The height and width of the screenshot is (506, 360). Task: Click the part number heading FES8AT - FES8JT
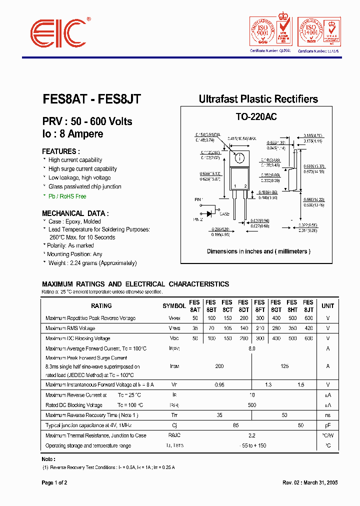(91, 99)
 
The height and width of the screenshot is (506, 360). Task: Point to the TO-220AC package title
(256, 116)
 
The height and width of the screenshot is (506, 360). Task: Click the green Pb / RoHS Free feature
(67, 196)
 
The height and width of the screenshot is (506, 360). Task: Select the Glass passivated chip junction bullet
(84, 186)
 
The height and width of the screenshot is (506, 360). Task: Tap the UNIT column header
(327, 306)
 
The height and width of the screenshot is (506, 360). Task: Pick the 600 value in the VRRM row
(308, 318)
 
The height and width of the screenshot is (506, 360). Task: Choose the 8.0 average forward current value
(251, 348)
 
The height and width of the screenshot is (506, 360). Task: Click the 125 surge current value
(284, 366)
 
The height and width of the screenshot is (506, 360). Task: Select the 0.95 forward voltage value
(219, 384)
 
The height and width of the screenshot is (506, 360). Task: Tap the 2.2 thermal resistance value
(251, 435)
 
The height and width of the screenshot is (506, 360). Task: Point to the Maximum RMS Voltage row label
(70, 328)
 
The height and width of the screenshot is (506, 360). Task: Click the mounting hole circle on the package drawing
(239, 158)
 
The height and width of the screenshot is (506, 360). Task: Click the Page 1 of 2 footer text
(54, 483)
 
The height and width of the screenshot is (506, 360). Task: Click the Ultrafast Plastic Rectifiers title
(258, 99)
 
